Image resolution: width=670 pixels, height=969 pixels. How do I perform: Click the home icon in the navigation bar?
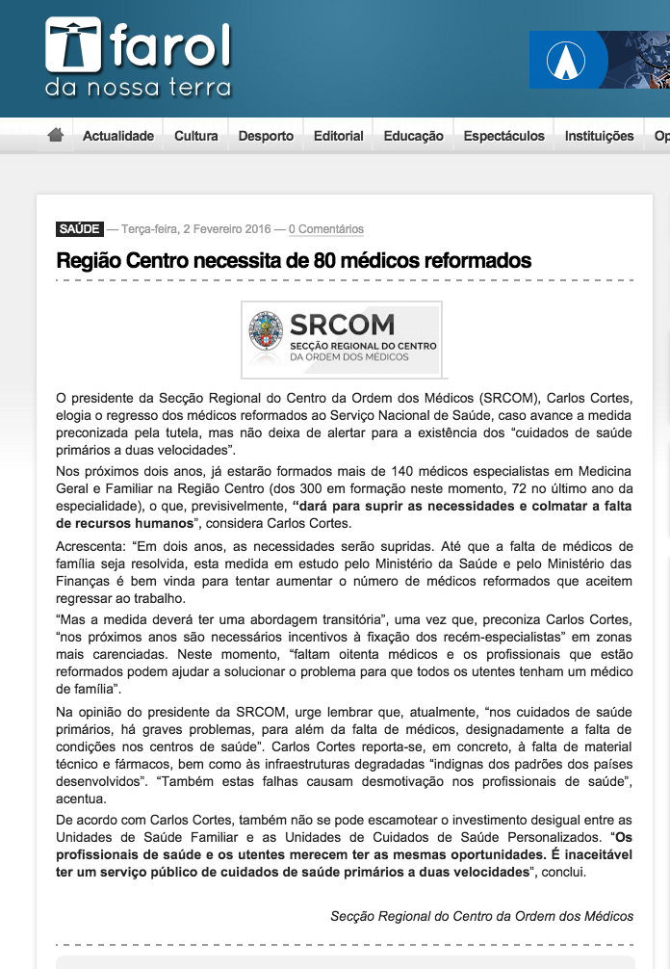(56, 135)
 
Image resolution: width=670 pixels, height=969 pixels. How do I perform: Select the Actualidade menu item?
(118, 136)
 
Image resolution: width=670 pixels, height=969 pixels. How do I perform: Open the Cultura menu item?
(195, 136)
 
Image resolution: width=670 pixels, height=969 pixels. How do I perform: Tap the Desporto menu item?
(266, 136)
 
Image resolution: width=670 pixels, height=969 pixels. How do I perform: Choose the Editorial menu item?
(339, 136)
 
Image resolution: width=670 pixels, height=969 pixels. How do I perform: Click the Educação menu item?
(414, 136)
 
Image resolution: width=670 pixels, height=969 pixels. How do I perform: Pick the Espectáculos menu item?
(503, 136)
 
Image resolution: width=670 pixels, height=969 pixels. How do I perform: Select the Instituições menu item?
(599, 136)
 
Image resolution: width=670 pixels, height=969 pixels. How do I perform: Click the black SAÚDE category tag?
(80, 229)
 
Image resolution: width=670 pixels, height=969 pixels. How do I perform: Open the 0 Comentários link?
(325, 229)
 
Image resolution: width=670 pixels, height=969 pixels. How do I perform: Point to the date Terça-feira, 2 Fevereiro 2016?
(196, 229)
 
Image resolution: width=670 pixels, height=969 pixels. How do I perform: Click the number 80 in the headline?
(327, 260)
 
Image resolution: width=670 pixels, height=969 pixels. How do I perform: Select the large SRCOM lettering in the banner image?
(342, 324)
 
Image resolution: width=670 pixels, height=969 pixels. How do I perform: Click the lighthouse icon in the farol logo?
(72, 46)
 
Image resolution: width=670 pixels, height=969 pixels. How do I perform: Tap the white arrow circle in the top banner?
(566, 61)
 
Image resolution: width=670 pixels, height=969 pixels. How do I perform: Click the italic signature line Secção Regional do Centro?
(481, 915)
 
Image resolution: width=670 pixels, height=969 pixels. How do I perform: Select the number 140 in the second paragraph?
(397, 470)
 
